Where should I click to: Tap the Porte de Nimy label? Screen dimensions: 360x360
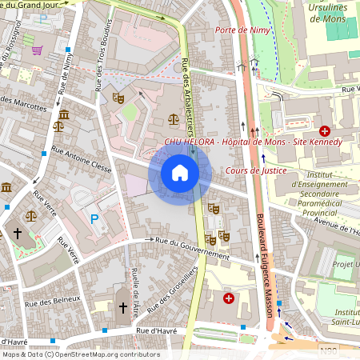(x=243, y=30)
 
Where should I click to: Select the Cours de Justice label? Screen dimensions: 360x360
(x=256, y=170)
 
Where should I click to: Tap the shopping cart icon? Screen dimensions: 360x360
(x=37, y=50)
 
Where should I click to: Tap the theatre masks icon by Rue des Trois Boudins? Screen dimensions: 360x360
(x=118, y=98)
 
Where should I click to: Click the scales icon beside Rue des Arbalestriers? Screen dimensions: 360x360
(x=174, y=118)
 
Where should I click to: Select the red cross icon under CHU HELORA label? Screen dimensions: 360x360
(x=325, y=130)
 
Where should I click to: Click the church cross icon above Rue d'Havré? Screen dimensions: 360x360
(x=123, y=307)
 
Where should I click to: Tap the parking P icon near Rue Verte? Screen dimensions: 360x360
(x=94, y=218)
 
